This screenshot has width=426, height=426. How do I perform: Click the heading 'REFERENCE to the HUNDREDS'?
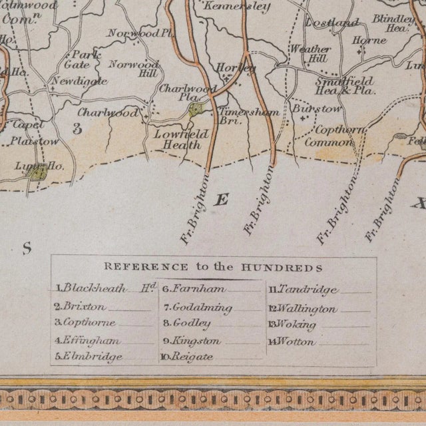click(x=213, y=268)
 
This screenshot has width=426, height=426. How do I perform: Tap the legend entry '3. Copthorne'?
click(x=87, y=323)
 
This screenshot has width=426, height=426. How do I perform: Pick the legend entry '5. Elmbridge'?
click(x=89, y=357)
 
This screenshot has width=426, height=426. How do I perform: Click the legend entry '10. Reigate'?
click(x=188, y=357)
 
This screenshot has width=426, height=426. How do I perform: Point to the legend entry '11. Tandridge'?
click(x=304, y=290)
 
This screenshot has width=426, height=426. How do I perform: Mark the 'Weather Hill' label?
click(x=310, y=54)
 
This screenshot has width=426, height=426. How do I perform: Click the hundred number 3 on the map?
click(x=77, y=129)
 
